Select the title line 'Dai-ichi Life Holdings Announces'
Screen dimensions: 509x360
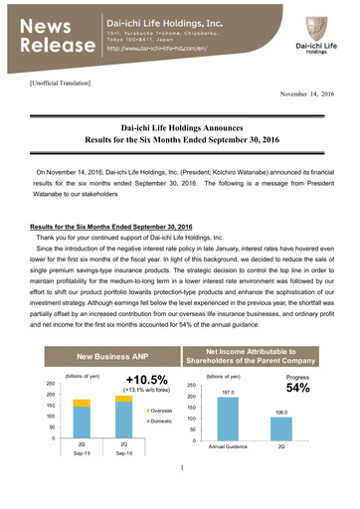[180, 128]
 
